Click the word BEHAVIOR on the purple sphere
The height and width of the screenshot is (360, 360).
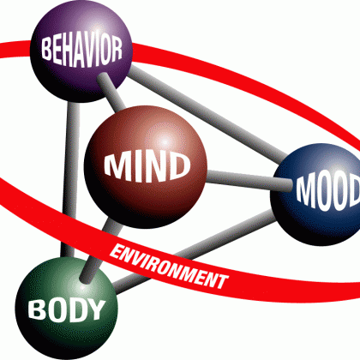82,51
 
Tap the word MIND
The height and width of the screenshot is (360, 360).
147,166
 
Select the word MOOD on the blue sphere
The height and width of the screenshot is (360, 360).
328,192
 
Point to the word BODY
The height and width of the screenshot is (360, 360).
67,309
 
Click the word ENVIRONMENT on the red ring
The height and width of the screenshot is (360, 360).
169,267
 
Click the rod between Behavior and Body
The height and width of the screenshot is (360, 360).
69,178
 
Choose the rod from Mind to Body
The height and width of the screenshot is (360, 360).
99,249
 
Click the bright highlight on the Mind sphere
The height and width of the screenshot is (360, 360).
165,141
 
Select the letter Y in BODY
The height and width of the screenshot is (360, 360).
96,309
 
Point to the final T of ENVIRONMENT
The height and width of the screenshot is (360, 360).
221,281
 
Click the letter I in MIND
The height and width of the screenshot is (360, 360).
139,168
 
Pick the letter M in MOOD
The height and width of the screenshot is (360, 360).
305,189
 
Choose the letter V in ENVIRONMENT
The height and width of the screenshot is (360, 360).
137,257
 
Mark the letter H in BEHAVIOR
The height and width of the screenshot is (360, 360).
68,52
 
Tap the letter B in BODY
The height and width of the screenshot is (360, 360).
36,309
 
